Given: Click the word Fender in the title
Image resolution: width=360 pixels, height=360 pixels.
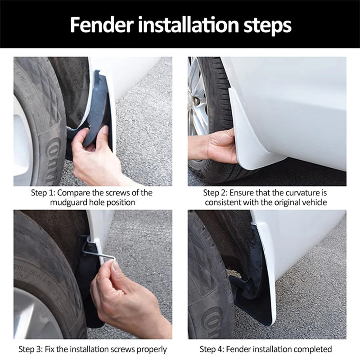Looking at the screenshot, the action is click(102, 24).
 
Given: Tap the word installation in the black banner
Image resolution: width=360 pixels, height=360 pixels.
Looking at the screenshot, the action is click(189, 24).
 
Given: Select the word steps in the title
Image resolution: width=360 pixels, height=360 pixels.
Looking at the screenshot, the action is click(267, 26).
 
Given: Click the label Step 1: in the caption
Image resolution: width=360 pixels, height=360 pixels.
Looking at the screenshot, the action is click(43, 193).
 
